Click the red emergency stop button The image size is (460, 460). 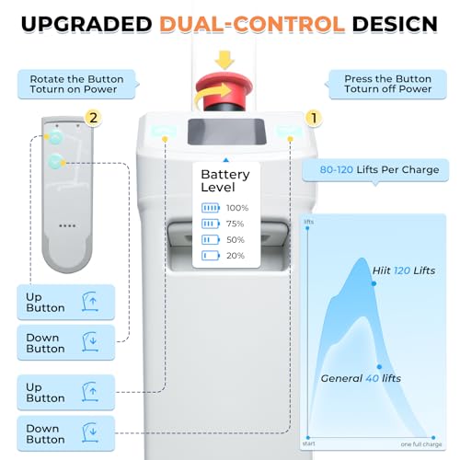pos(224,87)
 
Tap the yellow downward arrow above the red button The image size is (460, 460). pos(224,60)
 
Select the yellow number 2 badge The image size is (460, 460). pos(93,118)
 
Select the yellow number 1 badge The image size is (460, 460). pos(314,118)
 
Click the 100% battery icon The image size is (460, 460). pos(211,208)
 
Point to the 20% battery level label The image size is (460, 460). pos(236,256)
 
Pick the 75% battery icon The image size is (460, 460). pos(211,224)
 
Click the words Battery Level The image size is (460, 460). pos(225,181)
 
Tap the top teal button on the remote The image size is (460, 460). pos(55,137)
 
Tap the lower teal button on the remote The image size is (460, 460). pos(55,162)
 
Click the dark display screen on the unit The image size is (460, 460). pos(226,132)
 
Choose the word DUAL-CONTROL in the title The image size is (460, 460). pos(252,24)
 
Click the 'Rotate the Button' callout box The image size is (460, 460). pos(76,85)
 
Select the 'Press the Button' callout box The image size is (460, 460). pos(387,84)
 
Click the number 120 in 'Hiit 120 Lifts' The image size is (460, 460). pos(402,270)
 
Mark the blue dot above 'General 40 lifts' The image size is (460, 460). pos(379,367)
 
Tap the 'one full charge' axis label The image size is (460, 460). pos(421,444)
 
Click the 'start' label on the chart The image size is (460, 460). pos(308,443)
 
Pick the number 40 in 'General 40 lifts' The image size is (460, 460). pos(372,378)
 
